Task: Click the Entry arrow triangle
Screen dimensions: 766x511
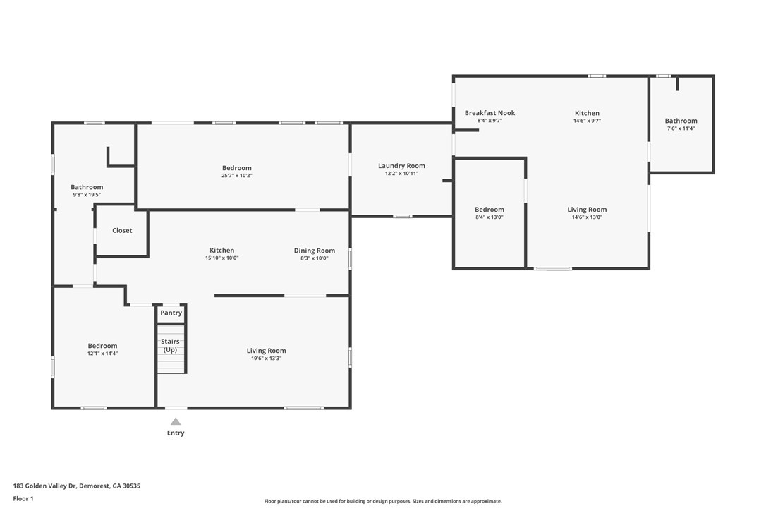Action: point(176,421)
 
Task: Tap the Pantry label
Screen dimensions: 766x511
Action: point(171,313)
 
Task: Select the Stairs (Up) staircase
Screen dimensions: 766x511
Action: point(171,349)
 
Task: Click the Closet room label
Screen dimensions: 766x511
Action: point(122,230)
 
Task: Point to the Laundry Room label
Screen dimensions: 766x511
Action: point(401,166)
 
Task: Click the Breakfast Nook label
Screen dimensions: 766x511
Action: point(490,113)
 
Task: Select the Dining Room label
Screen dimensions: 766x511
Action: point(315,251)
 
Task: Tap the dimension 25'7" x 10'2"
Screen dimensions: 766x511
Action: point(237,176)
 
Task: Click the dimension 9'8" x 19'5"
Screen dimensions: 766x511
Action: point(87,195)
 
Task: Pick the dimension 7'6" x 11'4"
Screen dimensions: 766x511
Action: point(681,128)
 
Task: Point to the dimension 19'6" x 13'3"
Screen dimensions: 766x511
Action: point(266,359)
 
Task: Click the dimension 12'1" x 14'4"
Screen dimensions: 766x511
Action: point(102,354)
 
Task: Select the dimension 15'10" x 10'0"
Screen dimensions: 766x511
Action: point(221,258)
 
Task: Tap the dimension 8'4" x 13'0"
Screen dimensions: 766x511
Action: point(490,217)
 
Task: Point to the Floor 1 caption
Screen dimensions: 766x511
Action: point(23,499)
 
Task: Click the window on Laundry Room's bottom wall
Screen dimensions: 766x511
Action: point(402,216)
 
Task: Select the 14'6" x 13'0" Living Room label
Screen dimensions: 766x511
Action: point(588,210)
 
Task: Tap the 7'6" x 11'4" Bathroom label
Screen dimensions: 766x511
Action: point(681,121)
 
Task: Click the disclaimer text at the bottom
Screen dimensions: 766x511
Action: point(383,501)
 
